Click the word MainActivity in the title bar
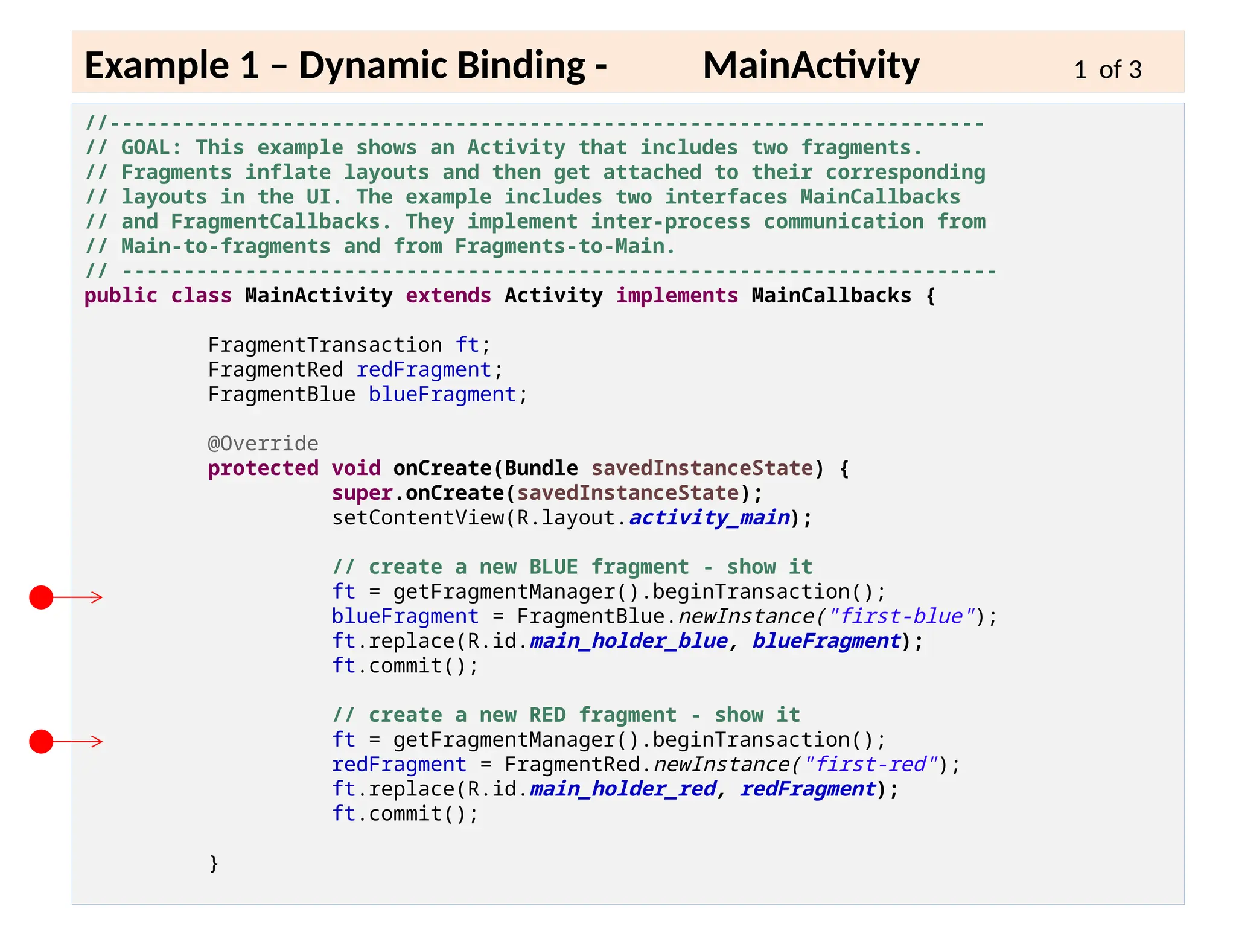(x=811, y=65)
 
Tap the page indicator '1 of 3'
(x=1107, y=70)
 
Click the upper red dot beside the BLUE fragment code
(x=41, y=597)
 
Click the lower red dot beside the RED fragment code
(x=41, y=741)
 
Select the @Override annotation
(x=263, y=444)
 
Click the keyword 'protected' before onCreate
(x=263, y=468)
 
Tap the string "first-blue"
(x=902, y=616)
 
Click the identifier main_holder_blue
(x=628, y=641)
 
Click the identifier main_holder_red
(x=622, y=789)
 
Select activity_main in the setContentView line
(x=709, y=518)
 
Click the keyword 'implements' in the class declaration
(x=677, y=296)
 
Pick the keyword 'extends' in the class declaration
(x=448, y=296)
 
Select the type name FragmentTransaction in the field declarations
(x=325, y=345)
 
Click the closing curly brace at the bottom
(x=214, y=863)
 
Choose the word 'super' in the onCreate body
(x=362, y=493)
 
